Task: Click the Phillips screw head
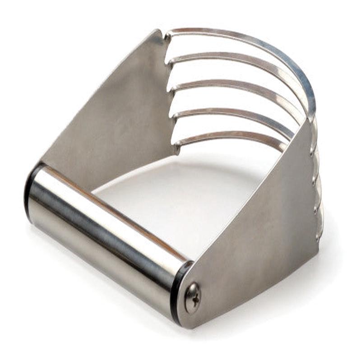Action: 193,297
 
